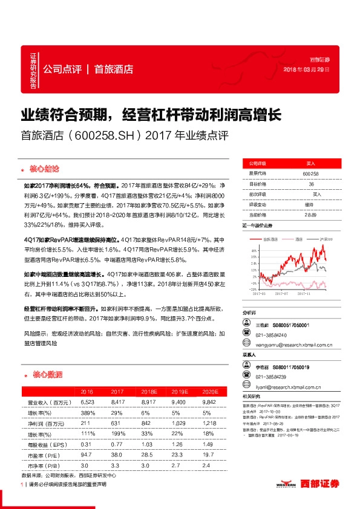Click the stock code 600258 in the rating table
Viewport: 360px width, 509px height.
click(310, 173)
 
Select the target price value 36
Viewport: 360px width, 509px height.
click(311, 184)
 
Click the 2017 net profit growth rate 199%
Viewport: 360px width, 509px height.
click(116, 433)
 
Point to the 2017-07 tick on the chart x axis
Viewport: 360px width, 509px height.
click(283, 294)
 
